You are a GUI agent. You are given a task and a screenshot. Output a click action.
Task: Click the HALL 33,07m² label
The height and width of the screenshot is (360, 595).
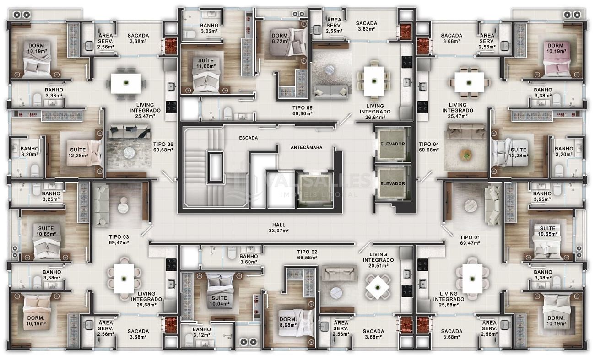(279, 228)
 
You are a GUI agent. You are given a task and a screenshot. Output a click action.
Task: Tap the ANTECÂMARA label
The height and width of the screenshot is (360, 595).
(306, 147)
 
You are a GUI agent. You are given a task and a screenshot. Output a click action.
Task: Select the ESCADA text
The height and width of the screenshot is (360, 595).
(249, 138)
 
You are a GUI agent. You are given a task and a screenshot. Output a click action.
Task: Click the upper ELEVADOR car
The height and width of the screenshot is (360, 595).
(393, 144)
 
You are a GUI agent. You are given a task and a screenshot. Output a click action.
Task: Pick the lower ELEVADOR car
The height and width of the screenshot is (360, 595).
(393, 183)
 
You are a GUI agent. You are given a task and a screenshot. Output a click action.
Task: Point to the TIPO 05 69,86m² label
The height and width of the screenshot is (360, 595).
(302, 111)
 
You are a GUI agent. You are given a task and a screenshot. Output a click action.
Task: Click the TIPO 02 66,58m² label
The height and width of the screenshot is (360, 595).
(307, 255)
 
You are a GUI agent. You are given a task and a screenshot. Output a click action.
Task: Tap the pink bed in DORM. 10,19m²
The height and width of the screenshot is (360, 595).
(557, 60)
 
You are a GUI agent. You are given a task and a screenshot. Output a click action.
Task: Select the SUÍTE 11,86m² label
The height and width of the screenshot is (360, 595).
(206, 64)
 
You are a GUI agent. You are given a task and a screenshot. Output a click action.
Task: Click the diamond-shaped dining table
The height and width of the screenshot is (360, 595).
(377, 287)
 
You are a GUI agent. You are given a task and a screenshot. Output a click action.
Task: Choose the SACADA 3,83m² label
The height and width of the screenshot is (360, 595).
(366, 26)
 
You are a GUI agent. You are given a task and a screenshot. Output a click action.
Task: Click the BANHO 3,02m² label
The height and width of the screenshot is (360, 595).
(209, 28)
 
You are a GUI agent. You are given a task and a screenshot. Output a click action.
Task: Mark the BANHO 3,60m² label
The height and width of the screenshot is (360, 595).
(249, 259)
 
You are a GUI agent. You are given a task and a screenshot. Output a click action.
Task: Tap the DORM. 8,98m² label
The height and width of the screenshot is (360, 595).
(288, 322)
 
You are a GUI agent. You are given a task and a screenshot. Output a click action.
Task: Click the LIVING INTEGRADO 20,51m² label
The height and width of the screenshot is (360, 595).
(378, 260)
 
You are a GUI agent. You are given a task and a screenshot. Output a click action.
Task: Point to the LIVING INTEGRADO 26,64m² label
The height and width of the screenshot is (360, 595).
(375, 112)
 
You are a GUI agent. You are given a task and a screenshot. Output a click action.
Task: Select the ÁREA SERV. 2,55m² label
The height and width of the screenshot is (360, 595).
(334, 25)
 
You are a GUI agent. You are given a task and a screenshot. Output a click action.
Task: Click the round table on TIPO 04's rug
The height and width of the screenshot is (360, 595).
(466, 155)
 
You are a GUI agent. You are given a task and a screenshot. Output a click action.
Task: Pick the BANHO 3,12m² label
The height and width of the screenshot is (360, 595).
(202, 332)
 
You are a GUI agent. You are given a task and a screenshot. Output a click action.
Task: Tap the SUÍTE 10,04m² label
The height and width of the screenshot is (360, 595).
(219, 301)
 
